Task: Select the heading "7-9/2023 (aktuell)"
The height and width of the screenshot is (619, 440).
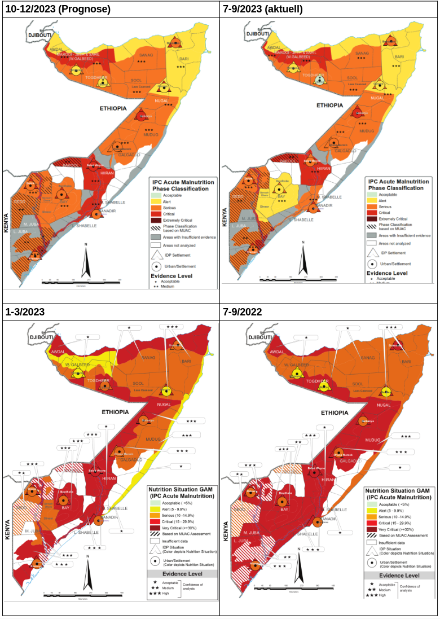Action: click(x=263, y=9)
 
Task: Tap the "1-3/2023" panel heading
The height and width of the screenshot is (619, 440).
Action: click(x=25, y=311)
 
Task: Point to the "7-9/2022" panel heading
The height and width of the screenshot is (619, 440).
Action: click(x=243, y=311)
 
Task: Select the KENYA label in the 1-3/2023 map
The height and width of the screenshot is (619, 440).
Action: click(x=8, y=529)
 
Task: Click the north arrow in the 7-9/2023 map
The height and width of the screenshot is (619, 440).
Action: click(x=303, y=260)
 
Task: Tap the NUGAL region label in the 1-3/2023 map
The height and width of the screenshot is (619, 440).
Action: click(x=164, y=405)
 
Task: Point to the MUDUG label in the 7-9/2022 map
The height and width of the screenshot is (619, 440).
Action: click(x=373, y=440)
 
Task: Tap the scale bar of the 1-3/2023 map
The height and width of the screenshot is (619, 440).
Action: click(x=82, y=592)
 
